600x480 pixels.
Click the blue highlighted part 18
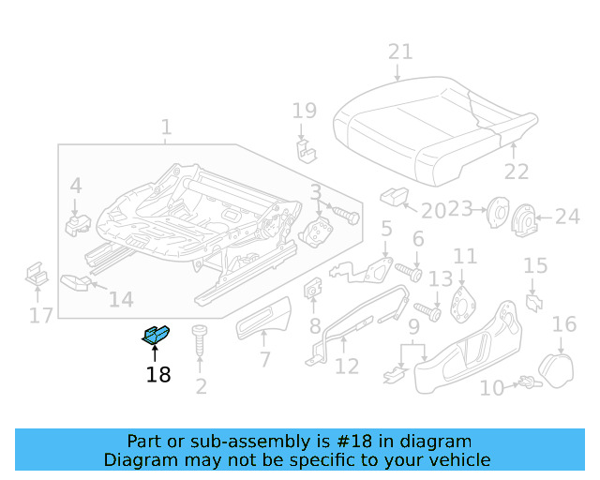coord(156,334)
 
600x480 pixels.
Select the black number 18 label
coord(158,375)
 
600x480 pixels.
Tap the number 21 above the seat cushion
coord(400,52)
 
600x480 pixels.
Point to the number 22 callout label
coord(517,171)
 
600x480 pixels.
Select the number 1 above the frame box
coord(166,127)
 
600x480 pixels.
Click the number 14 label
coord(121,300)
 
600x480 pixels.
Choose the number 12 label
coord(347,366)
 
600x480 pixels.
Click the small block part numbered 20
coord(394,196)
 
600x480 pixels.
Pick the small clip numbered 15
coord(533,301)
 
